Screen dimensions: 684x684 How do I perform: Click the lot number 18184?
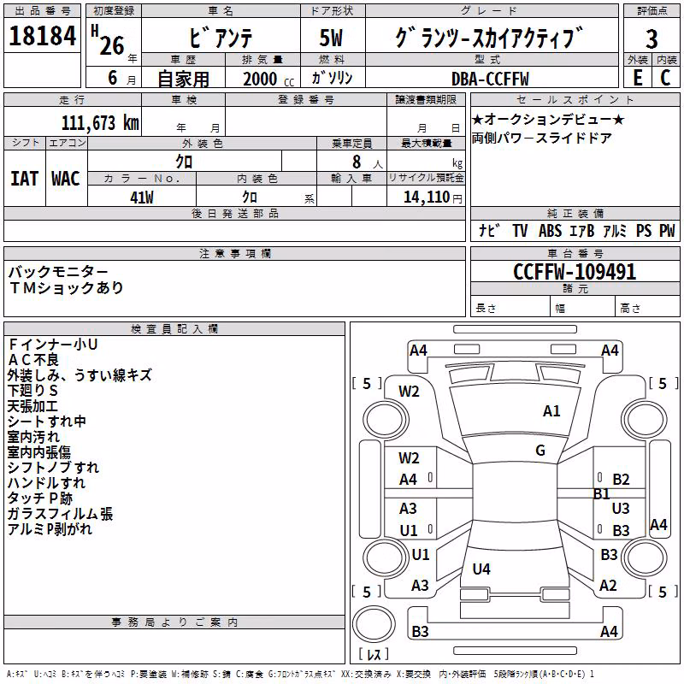(42, 36)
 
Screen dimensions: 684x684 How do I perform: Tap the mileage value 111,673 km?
(100, 123)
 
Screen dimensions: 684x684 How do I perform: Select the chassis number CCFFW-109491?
(575, 272)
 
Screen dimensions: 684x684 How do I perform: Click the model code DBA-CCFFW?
(490, 79)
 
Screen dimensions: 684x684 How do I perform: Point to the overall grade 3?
(652, 39)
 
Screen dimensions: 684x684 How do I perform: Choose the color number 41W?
(142, 198)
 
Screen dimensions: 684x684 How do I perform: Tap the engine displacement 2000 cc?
(268, 79)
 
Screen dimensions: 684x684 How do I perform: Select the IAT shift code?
(25, 179)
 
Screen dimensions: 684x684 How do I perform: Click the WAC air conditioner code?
(66, 179)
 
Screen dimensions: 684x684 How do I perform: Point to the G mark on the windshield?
(540, 450)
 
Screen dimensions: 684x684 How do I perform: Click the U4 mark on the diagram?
(481, 569)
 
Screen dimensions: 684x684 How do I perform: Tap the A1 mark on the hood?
(551, 411)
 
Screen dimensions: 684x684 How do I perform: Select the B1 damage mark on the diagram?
(602, 494)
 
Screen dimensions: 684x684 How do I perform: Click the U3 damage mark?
(621, 508)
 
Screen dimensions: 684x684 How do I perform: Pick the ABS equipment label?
(550, 231)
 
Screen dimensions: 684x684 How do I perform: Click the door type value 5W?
(331, 38)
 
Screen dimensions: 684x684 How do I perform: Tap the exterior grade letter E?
(638, 78)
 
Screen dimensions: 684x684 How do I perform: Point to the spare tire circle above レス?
(374, 624)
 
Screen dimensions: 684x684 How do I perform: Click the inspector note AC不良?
(33, 360)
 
